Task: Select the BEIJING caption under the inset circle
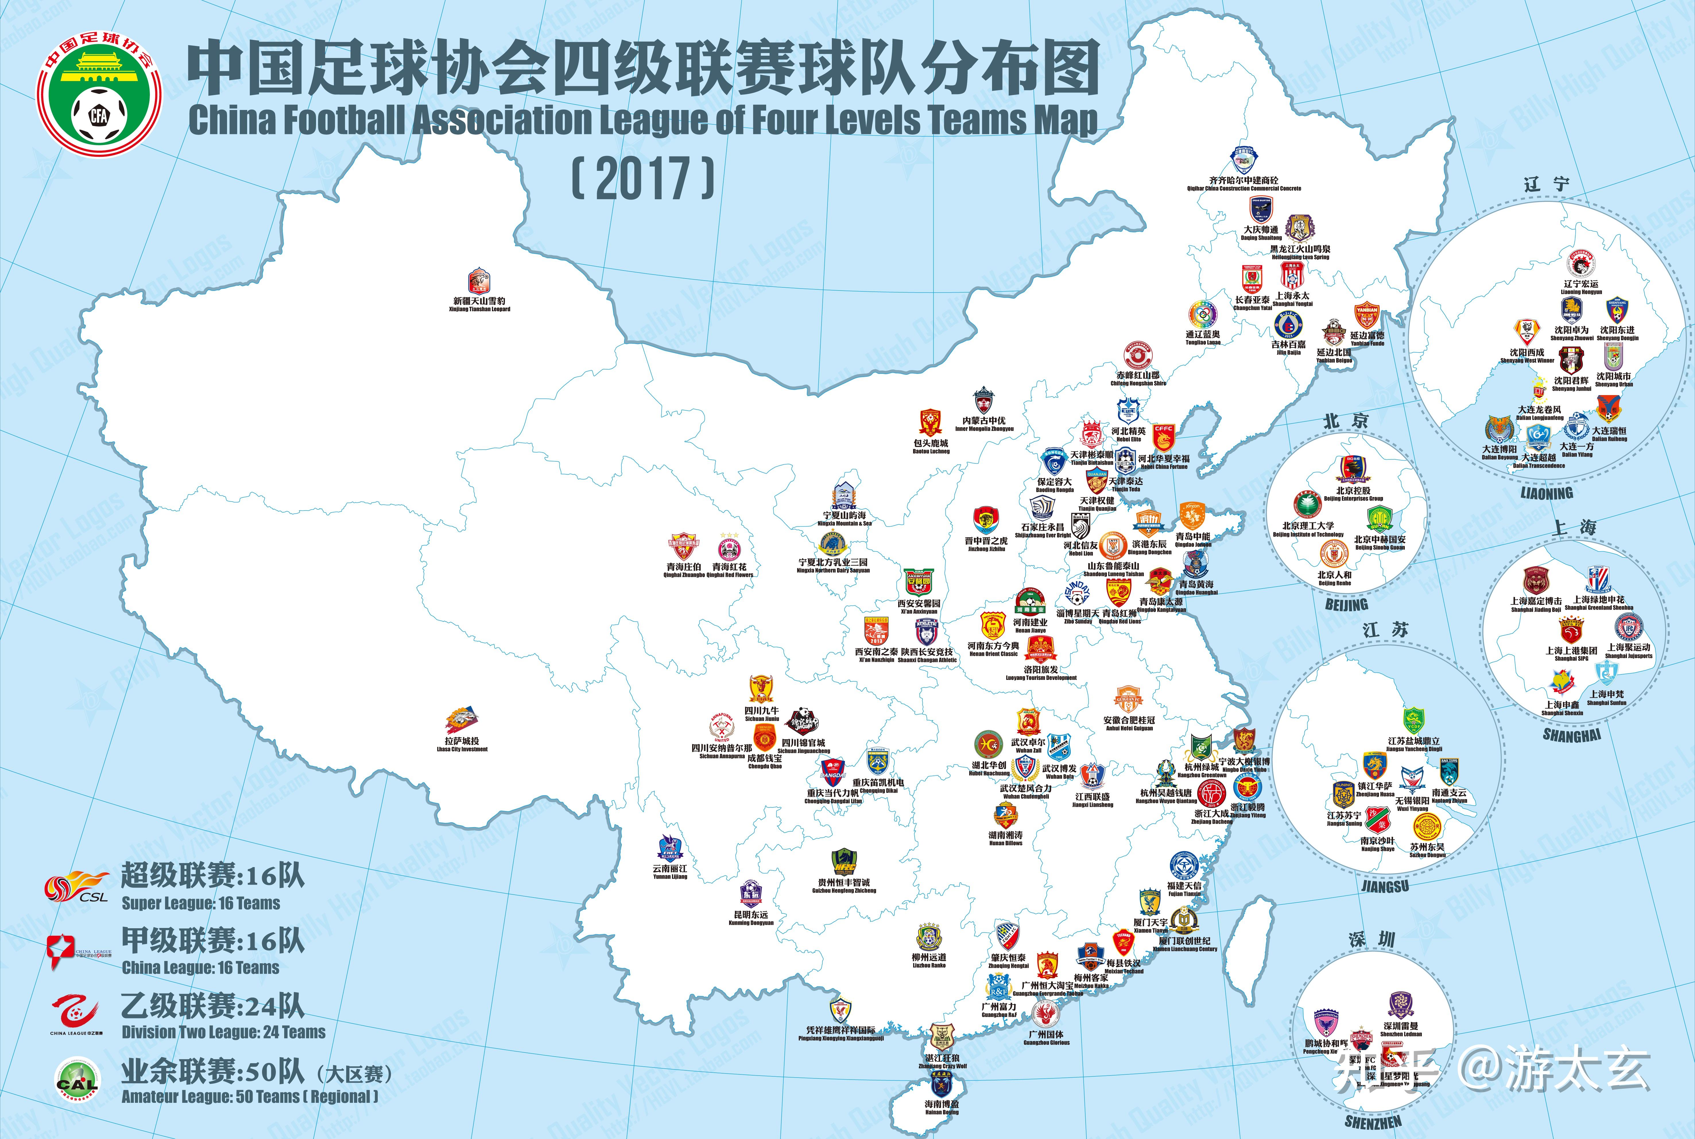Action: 1346,604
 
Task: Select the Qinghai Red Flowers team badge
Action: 729,546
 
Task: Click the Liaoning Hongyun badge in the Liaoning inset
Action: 1580,264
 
